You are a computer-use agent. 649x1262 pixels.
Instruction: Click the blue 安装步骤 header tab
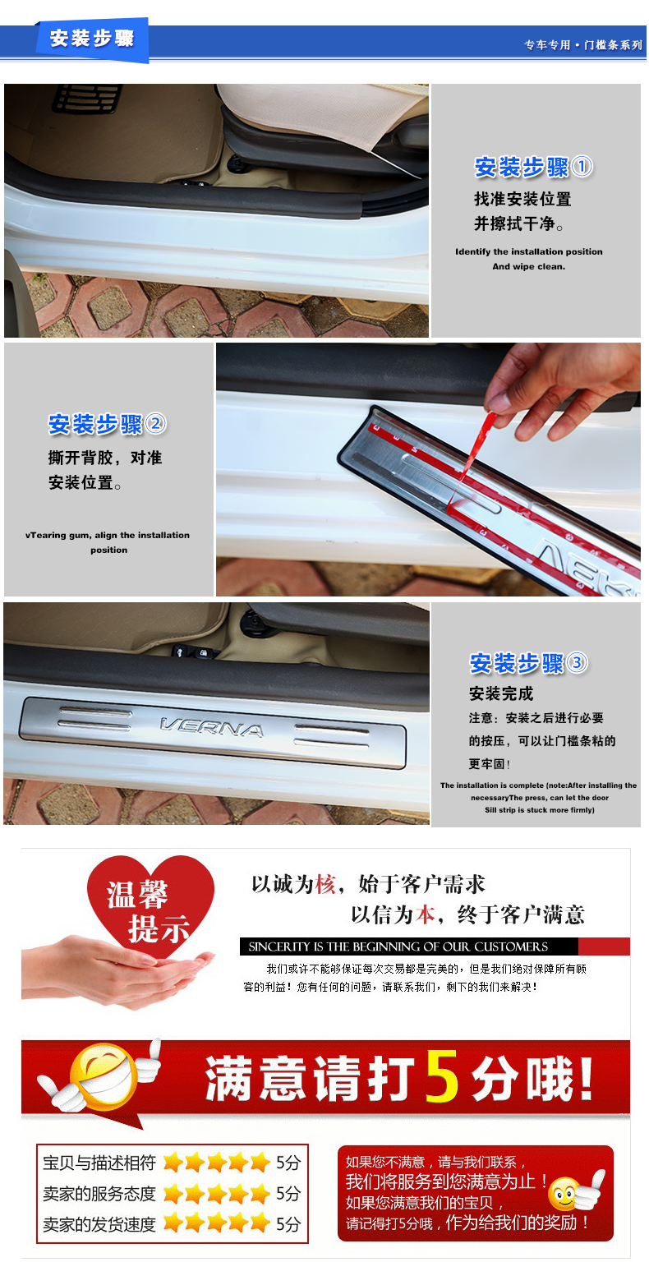[92, 39]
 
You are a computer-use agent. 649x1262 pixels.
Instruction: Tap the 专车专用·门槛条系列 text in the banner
[582, 45]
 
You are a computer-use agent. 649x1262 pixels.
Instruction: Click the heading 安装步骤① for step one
[533, 168]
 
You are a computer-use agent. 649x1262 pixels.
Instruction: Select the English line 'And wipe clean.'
[528, 266]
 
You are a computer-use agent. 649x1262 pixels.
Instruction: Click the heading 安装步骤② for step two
[107, 424]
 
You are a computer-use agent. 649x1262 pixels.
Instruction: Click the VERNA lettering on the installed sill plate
[212, 727]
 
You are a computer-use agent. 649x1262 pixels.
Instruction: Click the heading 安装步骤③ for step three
[528, 663]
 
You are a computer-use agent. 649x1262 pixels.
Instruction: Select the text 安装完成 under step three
[501, 693]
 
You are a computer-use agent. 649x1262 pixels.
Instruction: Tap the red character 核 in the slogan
[325, 884]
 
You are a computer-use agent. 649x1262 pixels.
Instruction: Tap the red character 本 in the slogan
[426, 914]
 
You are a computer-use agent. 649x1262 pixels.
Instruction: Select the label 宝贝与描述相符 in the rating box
[99, 1163]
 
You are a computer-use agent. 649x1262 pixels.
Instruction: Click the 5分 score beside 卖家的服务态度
[288, 1193]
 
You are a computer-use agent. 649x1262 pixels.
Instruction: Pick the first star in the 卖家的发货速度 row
[173, 1223]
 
